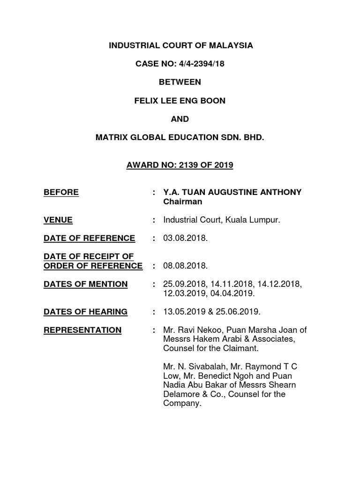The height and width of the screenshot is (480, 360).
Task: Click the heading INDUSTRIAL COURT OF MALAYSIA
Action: pyautogui.click(x=180, y=45)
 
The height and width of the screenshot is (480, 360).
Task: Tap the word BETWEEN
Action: pyautogui.click(x=180, y=82)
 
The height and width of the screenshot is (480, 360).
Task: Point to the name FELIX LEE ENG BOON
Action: pyautogui.click(x=180, y=100)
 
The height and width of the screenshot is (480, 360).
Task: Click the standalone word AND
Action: pyautogui.click(x=180, y=119)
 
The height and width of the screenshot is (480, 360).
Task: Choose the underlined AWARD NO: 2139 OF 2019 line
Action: pyautogui.click(x=180, y=165)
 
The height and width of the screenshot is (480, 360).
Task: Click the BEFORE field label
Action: pyautogui.click(x=61, y=192)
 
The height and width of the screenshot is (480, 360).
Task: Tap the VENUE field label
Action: pyautogui.click(x=58, y=220)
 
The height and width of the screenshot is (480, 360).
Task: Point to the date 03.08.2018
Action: pyautogui.click(x=185, y=238)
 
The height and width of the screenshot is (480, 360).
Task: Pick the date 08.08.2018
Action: pyautogui.click(x=185, y=266)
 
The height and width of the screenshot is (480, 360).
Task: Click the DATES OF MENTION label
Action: pyautogui.click(x=85, y=284)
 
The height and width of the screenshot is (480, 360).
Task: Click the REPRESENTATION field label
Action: pyautogui.click(x=82, y=330)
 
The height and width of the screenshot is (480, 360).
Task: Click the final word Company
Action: pyautogui.click(x=181, y=404)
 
